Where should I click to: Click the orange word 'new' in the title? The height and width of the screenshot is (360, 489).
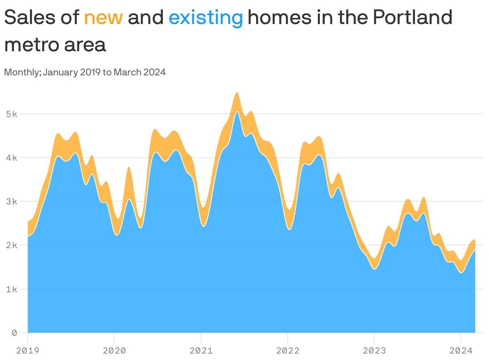click(x=103, y=18)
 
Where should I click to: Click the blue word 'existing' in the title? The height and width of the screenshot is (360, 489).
click(x=206, y=18)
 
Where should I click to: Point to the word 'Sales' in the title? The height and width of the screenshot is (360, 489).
click(x=30, y=18)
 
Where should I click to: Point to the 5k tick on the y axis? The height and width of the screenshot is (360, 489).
click(x=12, y=114)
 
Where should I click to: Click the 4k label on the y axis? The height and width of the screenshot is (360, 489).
click(x=12, y=158)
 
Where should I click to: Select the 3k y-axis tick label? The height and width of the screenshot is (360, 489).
click(x=12, y=201)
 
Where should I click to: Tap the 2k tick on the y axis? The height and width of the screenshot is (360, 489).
click(x=12, y=245)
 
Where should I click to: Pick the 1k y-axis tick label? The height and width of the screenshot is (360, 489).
click(x=12, y=289)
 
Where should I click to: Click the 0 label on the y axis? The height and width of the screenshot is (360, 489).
click(x=14, y=333)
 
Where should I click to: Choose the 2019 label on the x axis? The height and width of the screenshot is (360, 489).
click(x=28, y=351)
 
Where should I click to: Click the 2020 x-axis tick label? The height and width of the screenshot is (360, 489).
click(x=114, y=351)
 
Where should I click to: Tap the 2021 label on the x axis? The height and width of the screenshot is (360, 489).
click(x=201, y=351)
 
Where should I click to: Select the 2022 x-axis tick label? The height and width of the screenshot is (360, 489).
click(x=288, y=351)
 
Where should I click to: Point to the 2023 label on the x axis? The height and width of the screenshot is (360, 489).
click(x=374, y=351)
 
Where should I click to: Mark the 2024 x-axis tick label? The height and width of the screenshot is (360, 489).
click(x=461, y=351)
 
